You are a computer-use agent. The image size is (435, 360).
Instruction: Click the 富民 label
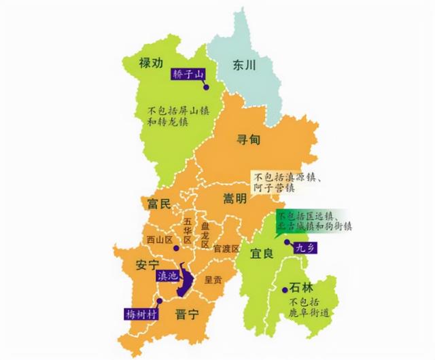coord(159,203)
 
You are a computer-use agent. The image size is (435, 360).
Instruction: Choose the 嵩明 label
coord(237,198)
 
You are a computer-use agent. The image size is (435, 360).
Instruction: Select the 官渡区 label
coord(226,249)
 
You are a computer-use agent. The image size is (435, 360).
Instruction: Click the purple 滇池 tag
coord(167,276)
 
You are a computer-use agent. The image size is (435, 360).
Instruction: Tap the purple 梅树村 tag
coord(141,314)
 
